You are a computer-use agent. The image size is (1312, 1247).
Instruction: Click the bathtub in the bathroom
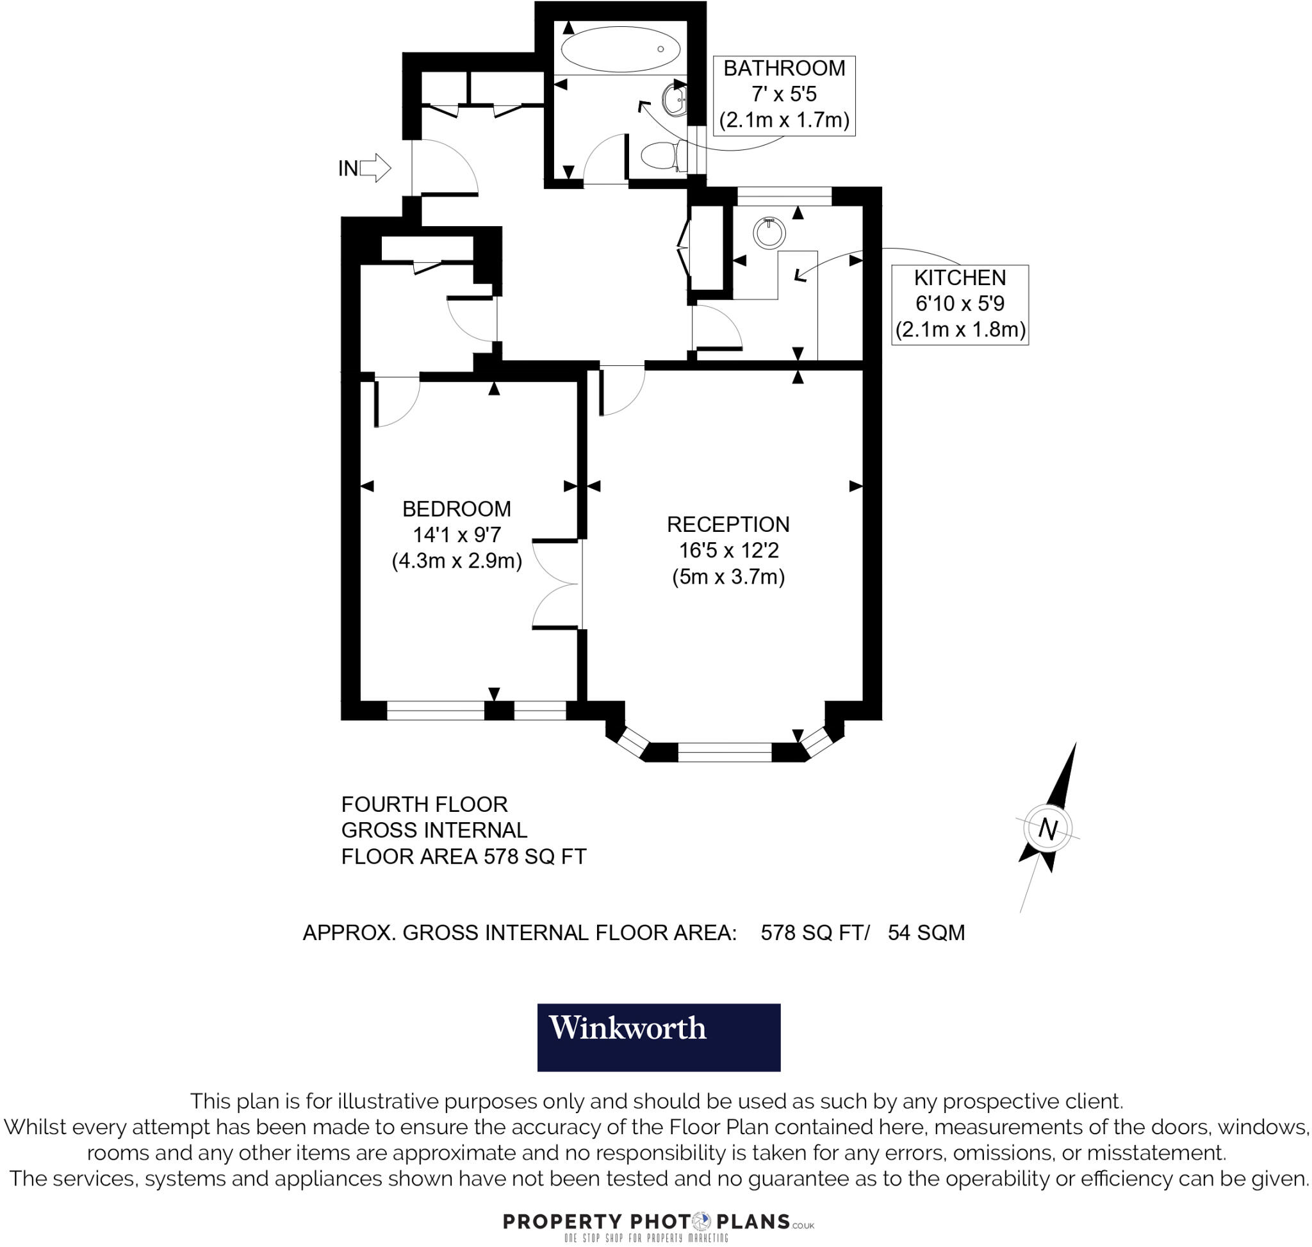pos(620,49)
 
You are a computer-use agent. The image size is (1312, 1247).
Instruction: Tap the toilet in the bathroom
pos(660,156)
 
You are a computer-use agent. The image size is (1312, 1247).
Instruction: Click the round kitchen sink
pos(769,233)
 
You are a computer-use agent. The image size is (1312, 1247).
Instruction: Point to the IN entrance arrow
pos(375,168)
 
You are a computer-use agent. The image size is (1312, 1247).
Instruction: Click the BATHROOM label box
pos(783,95)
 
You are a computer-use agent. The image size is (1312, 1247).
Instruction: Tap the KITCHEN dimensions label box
pos(959,304)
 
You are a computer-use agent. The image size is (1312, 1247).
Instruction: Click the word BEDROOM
pos(456,509)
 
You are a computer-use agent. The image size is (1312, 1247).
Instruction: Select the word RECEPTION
pos(728,524)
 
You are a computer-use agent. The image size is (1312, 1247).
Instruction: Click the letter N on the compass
pos(1047,829)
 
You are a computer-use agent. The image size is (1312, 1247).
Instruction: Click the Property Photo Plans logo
pos(658,1222)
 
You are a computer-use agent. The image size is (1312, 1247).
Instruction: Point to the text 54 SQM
pos(926,933)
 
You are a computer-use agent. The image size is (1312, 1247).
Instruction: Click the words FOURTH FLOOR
pos(424,805)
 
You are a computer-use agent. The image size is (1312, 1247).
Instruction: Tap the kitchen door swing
pos(716,327)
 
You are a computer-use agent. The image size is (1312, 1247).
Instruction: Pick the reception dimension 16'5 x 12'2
pos(728,550)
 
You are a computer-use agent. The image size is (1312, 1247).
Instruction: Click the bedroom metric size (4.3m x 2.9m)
pos(456,561)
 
